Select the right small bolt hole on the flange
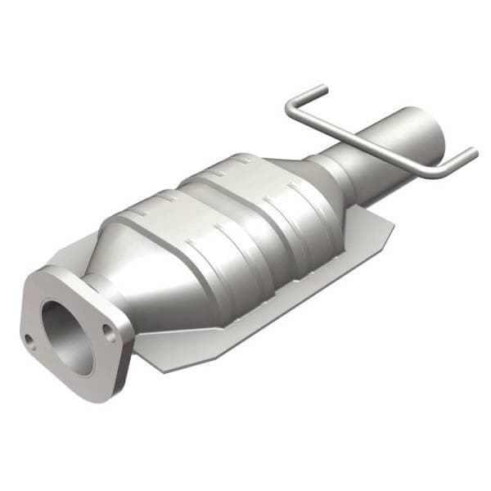point(107,329)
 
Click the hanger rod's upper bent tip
point(323,88)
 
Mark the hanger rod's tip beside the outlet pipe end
point(471,152)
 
